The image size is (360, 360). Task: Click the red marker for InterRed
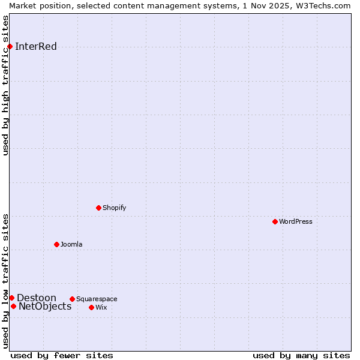[10, 47]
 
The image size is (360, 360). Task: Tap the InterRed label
[36, 47]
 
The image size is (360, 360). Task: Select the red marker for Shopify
[98, 208]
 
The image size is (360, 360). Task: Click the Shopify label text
[114, 208]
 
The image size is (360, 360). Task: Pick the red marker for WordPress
[275, 222]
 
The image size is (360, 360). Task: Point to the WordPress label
[295, 222]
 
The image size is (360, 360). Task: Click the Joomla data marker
[56, 245]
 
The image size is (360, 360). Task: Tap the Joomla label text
[71, 245]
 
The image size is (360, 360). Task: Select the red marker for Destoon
[11, 298]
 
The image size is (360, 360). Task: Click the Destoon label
[37, 298]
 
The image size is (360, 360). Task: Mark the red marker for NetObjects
[13, 307]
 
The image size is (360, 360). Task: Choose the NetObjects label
[45, 307]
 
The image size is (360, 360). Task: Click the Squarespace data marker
[72, 299]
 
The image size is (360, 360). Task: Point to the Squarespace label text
[97, 299]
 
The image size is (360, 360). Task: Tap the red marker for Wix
[91, 308]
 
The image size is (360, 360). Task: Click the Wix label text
[101, 308]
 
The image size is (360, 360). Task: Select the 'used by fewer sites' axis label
[62, 355]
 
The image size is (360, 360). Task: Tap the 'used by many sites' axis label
[301, 355]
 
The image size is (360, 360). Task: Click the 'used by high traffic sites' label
[6, 85]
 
